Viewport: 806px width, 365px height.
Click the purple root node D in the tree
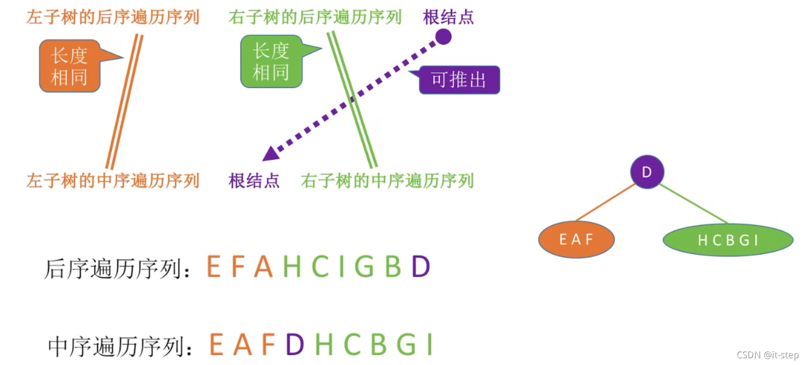coord(647,172)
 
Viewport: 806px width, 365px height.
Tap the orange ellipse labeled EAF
coord(576,239)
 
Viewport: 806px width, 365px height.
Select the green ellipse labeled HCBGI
coord(727,240)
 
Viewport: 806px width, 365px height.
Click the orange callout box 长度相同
coord(69,66)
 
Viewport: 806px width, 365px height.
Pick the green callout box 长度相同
coord(271,62)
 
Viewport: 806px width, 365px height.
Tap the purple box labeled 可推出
coord(459,80)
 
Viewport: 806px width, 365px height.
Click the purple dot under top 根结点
coord(443,37)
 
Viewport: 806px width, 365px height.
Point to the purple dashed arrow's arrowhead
coord(271,154)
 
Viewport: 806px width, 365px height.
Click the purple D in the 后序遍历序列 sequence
coord(421,266)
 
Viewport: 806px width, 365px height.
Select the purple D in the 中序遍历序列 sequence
coord(295,345)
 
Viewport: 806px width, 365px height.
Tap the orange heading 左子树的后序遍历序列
coord(113,17)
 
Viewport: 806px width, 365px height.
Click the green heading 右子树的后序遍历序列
coord(315,17)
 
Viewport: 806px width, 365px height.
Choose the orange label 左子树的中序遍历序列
coord(113,181)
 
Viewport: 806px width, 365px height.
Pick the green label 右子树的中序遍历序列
coord(387,181)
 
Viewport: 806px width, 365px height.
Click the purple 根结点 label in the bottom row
coord(254,181)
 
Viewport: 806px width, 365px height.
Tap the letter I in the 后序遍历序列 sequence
coord(342,266)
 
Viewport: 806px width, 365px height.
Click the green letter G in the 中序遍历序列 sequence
coord(406,345)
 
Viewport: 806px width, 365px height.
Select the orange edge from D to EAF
coord(605,202)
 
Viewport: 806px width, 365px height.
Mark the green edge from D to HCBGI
coord(694,204)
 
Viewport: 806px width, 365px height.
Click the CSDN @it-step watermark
coord(767,355)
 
